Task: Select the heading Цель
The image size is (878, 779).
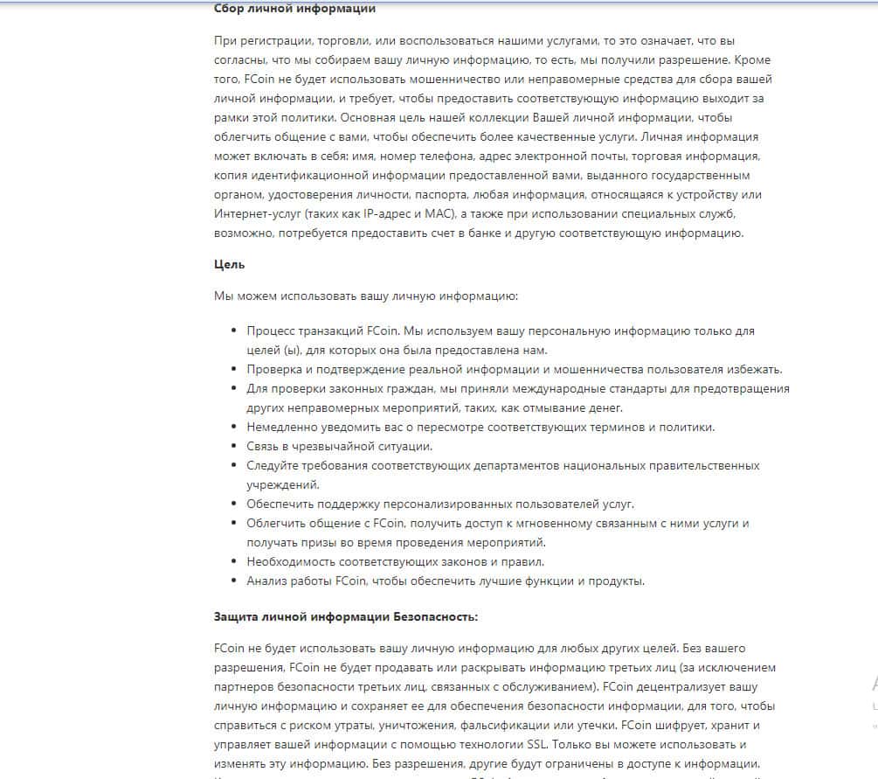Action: coord(229,263)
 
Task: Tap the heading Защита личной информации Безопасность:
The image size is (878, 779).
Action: coord(346,616)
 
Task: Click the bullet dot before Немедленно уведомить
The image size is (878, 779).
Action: coord(234,427)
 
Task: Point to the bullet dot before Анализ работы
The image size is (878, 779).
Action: coord(234,581)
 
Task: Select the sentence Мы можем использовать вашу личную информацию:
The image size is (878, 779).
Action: coord(366,296)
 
